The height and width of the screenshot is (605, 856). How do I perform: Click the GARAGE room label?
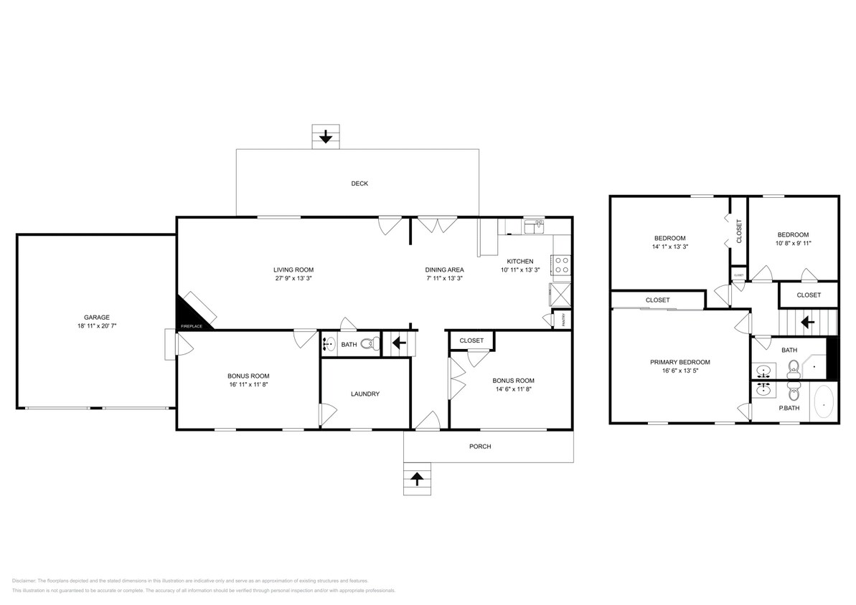pyautogui.click(x=96, y=317)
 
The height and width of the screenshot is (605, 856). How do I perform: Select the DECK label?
pyautogui.click(x=359, y=184)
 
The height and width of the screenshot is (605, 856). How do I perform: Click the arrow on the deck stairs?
pyautogui.click(x=325, y=136)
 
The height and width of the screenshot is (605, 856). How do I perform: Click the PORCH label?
pyautogui.click(x=480, y=447)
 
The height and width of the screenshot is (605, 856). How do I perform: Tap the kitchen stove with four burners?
pyautogui.click(x=561, y=265)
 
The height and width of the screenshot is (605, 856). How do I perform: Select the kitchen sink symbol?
pyautogui.click(x=534, y=227)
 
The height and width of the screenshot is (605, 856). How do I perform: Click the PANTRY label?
pyautogui.click(x=563, y=319)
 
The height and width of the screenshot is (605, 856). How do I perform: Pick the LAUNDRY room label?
pyautogui.click(x=365, y=394)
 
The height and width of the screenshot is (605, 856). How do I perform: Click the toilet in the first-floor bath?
pyautogui.click(x=370, y=344)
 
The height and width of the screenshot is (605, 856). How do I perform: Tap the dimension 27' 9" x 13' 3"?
pyautogui.click(x=293, y=278)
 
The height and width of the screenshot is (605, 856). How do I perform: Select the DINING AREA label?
pyautogui.click(x=445, y=270)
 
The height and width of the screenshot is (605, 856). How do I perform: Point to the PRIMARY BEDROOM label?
pyautogui.click(x=680, y=362)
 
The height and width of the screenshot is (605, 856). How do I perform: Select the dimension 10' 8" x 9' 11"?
pyautogui.click(x=793, y=243)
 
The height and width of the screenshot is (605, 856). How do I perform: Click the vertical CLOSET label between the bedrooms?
pyautogui.click(x=739, y=231)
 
